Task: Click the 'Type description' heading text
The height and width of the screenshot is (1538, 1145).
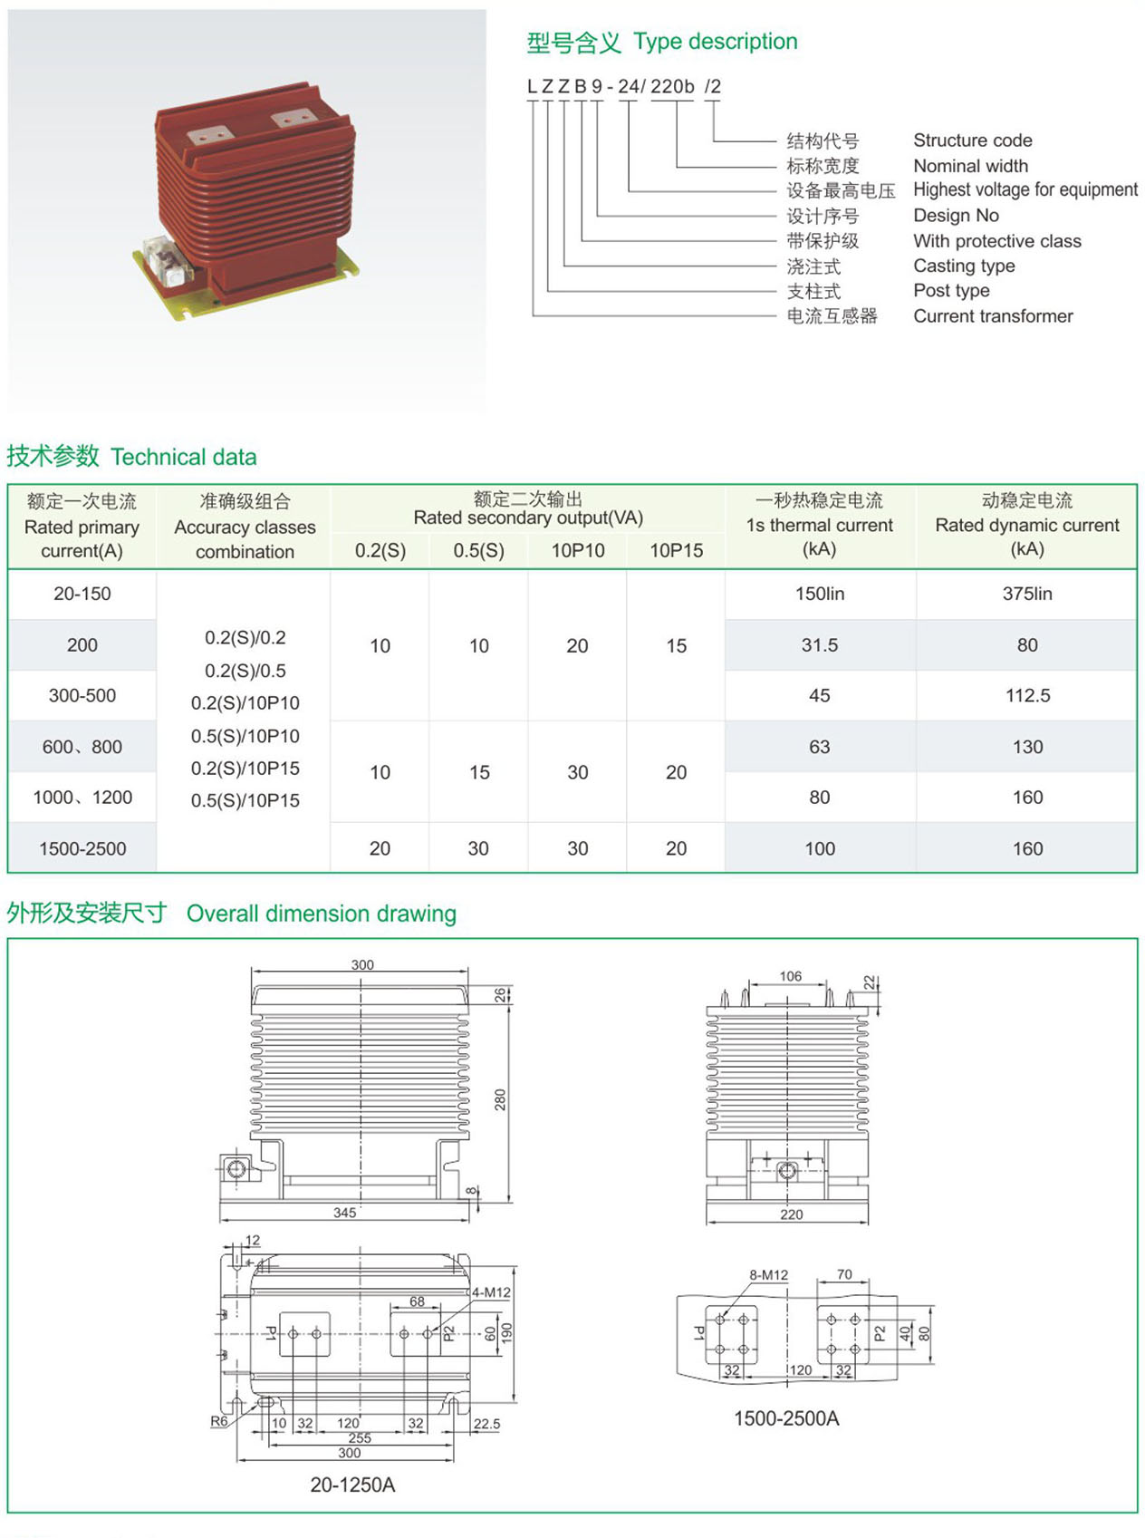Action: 716,43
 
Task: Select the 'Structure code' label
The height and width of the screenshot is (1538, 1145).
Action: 972,140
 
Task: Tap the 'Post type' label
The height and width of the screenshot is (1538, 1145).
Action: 951,291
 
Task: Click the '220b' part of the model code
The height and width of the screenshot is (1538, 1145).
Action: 671,87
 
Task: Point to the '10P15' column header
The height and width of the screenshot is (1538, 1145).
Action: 676,550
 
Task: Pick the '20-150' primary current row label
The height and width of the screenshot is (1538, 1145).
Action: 82,594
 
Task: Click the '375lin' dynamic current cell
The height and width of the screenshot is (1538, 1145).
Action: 1026,594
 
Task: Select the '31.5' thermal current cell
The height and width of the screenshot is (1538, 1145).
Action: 819,645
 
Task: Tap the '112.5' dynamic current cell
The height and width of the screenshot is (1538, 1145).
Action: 1027,695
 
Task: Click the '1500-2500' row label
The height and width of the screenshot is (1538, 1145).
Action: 82,848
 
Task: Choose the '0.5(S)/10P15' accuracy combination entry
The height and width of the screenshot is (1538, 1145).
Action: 245,801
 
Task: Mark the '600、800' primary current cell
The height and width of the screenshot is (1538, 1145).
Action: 82,747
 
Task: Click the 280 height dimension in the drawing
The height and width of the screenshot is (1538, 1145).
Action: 500,1099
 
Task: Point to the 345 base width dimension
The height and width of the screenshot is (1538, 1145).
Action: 344,1213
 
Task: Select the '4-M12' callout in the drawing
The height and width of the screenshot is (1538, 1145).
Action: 491,1292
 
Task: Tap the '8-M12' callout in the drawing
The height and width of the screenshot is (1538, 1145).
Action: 768,1275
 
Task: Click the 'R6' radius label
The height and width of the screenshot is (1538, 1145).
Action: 218,1421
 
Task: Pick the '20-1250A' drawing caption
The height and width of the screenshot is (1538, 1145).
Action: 352,1485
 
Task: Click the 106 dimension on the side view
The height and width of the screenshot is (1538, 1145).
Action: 790,976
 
